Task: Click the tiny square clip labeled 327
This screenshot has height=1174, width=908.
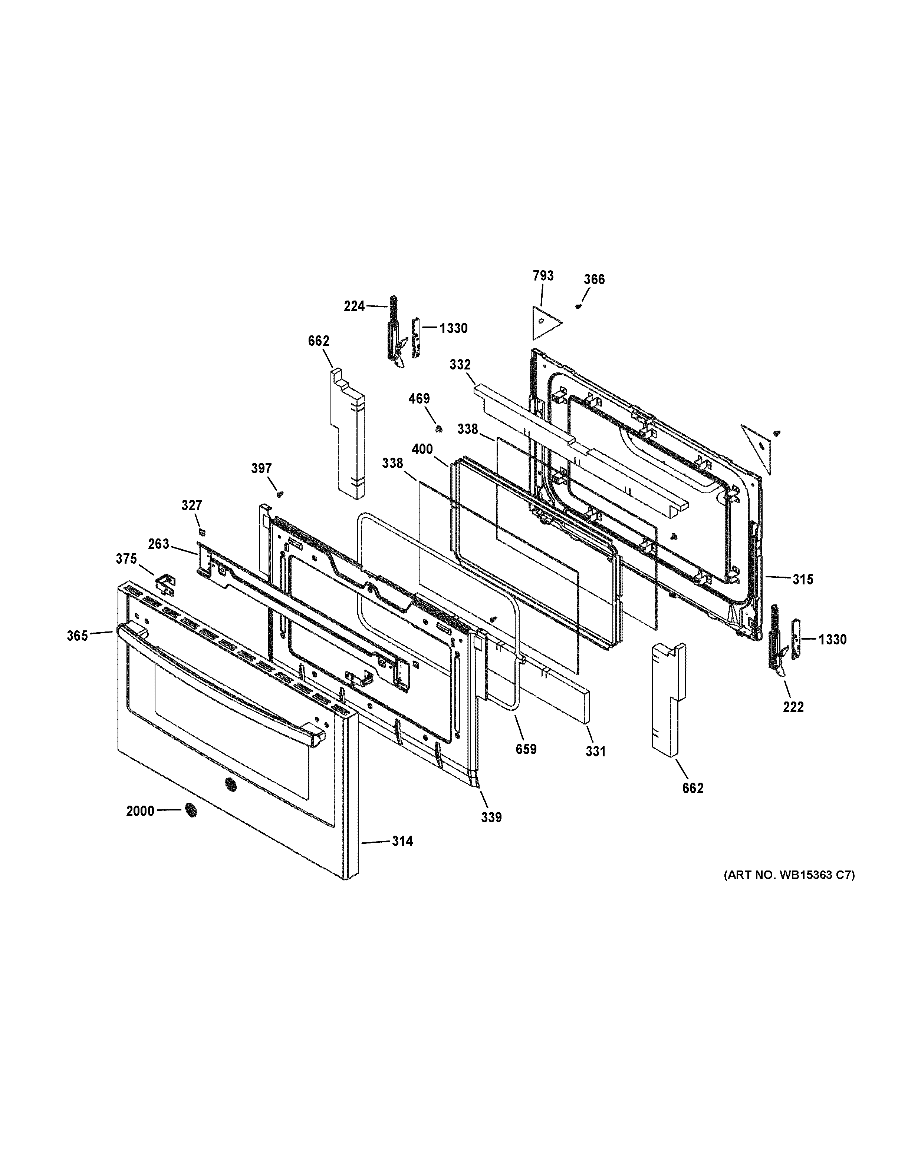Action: [x=202, y=532]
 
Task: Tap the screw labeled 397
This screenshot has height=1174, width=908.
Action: [x=279, y=493]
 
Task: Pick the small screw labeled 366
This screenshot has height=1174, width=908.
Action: [x=579, y=306]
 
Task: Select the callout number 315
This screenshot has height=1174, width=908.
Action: [x=803, y=580]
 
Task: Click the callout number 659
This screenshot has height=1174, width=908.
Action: [x=526, y=749]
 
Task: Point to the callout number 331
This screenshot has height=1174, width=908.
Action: [x=595, y=751]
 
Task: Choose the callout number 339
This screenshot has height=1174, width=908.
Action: [x=491, y=817]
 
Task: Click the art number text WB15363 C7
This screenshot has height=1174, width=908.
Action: [x=789, y=875]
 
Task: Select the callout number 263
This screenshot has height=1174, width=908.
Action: [x=159, y=544]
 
